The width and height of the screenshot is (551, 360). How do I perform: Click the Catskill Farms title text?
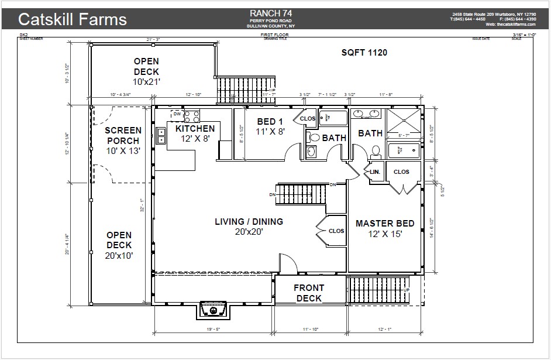(72, 19)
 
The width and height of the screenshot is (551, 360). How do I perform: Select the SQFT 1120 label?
(364, 53)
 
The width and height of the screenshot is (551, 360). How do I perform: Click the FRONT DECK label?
(309, 293)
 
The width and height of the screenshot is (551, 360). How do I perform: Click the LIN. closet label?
(375, 172)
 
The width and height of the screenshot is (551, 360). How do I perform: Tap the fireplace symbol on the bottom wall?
(213, 309)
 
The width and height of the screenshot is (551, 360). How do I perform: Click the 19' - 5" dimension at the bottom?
(213, 330)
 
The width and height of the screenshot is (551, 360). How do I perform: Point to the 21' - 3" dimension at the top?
(154, 40)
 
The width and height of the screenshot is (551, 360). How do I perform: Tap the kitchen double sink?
(161, 137)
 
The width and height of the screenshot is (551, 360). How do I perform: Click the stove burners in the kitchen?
(192, 116)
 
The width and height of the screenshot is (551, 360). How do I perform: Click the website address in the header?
(511, 24)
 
